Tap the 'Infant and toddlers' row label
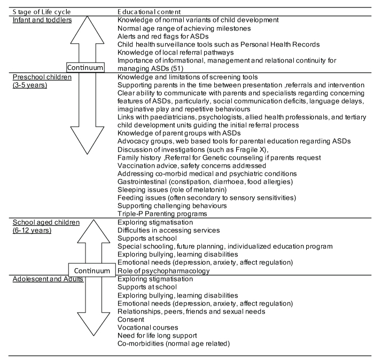[43, 20]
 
